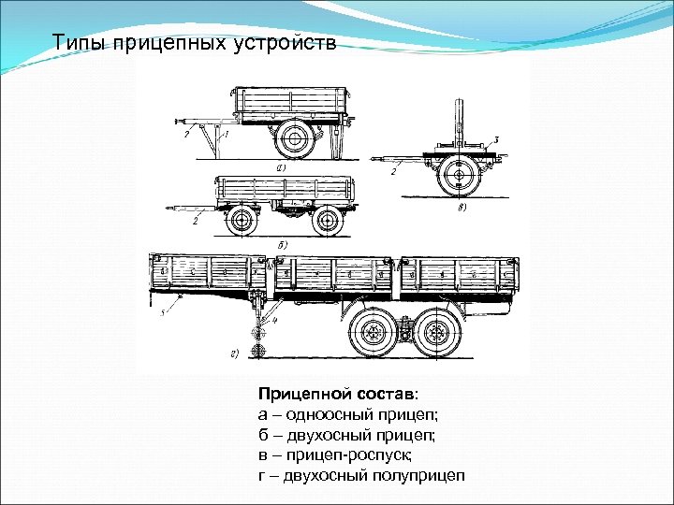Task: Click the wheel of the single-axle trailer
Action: coord(296,140)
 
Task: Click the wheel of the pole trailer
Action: coord(458,174)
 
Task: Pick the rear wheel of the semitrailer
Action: coord(433,332)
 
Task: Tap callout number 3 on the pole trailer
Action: coord(496,138)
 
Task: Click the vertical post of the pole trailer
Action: coord(459,122)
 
